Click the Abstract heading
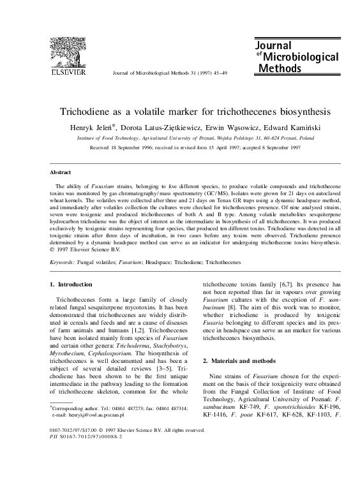pos(61,172)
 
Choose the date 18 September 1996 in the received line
pos(135,146)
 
